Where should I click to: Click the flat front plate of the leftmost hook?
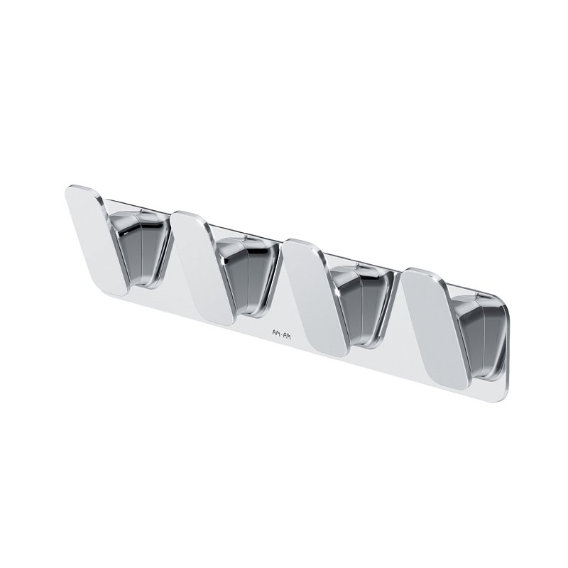(96, 240)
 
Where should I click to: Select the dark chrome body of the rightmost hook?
(479, 339)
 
